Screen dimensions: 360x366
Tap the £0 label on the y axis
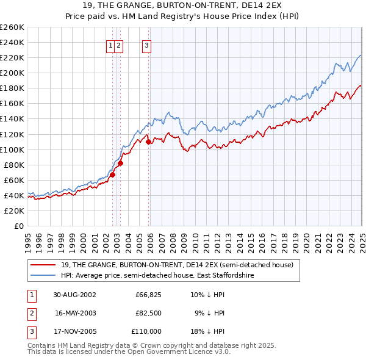pyautogui.click(x=19, y=226)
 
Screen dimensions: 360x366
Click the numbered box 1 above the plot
pyautogui.click(x=110, y=44)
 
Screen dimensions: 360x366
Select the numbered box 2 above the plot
pyautogui.click(x=118, y=44)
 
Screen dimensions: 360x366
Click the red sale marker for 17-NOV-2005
pyautogui.click(x=149, y=142)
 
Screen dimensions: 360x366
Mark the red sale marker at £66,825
pyautogui.click(x=112, y=175)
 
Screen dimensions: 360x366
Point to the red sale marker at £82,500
pyautogui.click(x=121, y=163)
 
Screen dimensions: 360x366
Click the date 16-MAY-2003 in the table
pyautogui.click(x=75, y=313)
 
